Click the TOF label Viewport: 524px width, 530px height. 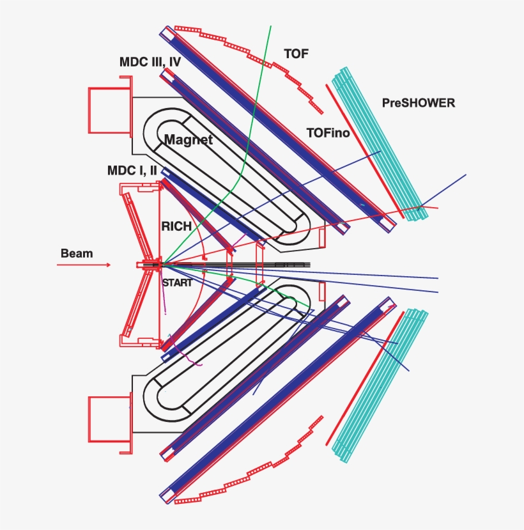[297, 54]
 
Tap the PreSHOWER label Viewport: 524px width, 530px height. [418, 102]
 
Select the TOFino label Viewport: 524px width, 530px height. [328, 133]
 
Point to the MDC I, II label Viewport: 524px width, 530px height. [132, 171]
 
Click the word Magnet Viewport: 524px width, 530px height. [189, 139]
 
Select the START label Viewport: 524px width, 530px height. [176, 283]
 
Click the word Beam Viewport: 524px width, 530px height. [77, 253]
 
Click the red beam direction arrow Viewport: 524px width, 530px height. [84, 265]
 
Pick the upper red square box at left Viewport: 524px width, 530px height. [108, 110]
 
